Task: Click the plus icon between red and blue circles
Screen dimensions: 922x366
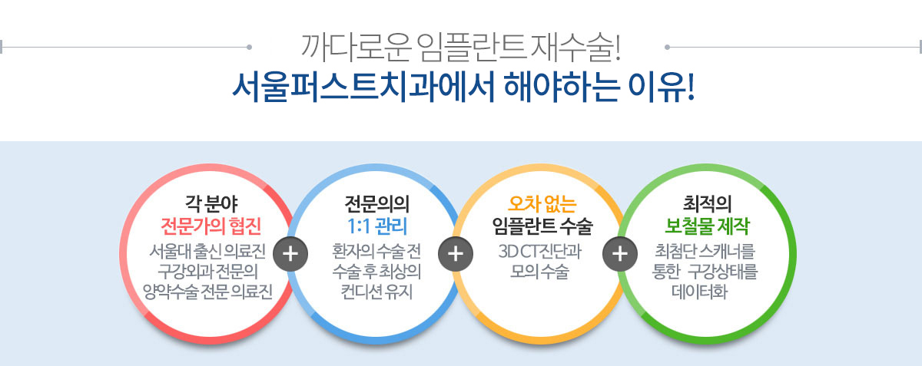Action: (290, 254)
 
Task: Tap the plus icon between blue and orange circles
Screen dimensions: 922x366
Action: (456, 254)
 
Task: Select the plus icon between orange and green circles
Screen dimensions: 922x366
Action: (620, 254)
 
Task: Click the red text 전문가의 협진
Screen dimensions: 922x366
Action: (211, 226)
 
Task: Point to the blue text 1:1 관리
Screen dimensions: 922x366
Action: (377, 226)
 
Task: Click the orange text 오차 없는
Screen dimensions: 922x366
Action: (542, 203)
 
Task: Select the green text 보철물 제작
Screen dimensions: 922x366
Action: (707, 226)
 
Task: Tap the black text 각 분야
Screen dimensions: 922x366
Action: (211, 203)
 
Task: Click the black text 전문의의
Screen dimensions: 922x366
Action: (377, 203)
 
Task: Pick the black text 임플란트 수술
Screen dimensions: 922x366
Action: (542, 226)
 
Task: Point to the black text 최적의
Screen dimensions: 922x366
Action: (707, 203)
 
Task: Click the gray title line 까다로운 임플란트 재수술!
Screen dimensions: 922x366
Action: (460, 48)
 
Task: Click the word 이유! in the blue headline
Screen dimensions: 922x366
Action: (662, 87)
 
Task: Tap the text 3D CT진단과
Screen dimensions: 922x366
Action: (540, 251)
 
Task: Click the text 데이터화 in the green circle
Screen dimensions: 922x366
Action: (700, 292)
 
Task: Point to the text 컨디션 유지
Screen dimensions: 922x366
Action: (376, 292)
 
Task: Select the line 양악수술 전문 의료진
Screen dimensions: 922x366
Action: (208, 292)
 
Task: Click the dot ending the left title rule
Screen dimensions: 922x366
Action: (249, 48)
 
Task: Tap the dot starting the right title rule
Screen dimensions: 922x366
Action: (667, 48)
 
